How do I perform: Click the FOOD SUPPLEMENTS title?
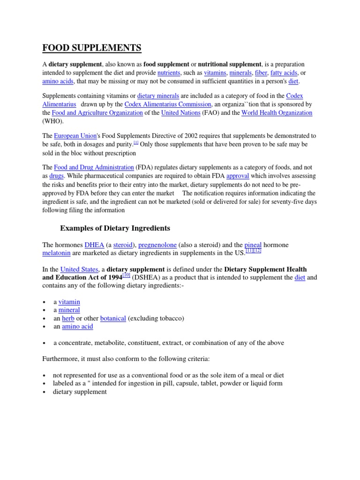[92, 48]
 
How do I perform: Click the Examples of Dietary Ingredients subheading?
[115, 228]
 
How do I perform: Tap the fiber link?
[261, 73]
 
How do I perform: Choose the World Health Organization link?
[277, 113]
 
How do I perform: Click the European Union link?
[75, 136]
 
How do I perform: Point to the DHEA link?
[94, 245]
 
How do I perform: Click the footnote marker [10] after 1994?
[127, 276]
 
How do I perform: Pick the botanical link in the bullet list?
[113, 318]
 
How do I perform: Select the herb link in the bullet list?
[68, 318]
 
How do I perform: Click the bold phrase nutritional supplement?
[230, 64]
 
